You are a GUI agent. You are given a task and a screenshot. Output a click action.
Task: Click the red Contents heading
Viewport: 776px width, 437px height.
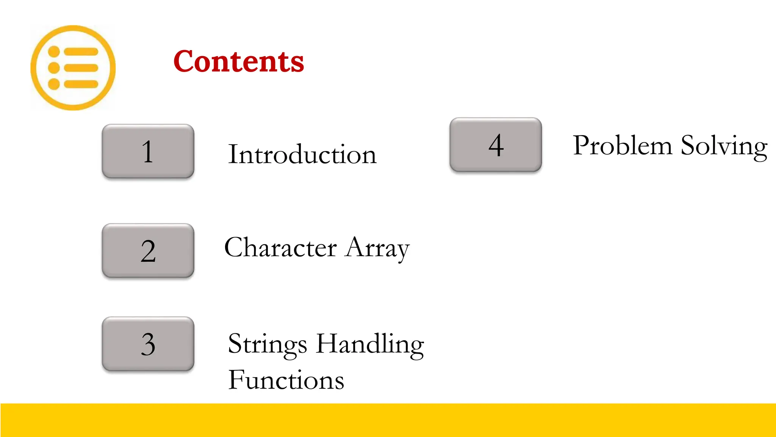tap(239, 61)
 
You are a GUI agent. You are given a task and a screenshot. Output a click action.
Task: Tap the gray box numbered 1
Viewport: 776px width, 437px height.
tap(148, 151)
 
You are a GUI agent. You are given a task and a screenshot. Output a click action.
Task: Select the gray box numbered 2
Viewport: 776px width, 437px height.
tap(148, 250)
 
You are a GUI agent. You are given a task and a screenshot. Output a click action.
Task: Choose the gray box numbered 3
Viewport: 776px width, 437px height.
tap(148, 344)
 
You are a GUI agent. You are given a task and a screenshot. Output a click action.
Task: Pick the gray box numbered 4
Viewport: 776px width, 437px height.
tap(496, 145)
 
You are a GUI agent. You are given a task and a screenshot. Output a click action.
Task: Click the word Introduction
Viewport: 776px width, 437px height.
tap(302, 154)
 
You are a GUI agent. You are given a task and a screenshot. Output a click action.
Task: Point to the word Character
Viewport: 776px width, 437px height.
tap(280, 247)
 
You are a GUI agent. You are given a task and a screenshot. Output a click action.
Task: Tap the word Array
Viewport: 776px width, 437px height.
tap(377, 248)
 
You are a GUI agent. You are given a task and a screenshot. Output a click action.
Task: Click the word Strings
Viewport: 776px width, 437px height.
tap(267, 344)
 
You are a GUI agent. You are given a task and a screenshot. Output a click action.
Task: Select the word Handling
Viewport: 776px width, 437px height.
tap(370, 344)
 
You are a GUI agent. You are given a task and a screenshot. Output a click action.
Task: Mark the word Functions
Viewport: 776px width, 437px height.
tap(286, 380)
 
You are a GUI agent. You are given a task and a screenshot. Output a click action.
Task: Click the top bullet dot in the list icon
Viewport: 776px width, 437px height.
tap(54, 52)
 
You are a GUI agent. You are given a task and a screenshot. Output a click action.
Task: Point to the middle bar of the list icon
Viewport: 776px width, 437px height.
tap(81, 68)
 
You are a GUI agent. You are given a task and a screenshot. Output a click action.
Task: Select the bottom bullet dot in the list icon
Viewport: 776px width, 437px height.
tap(54, 84)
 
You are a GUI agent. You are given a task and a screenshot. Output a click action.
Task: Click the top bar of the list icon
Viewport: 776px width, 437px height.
tap(81, 52)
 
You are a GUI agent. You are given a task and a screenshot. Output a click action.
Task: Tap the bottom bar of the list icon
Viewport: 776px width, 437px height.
tap(81, 84)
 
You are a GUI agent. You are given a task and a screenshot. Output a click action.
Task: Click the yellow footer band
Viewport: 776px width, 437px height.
tap(388, 420)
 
